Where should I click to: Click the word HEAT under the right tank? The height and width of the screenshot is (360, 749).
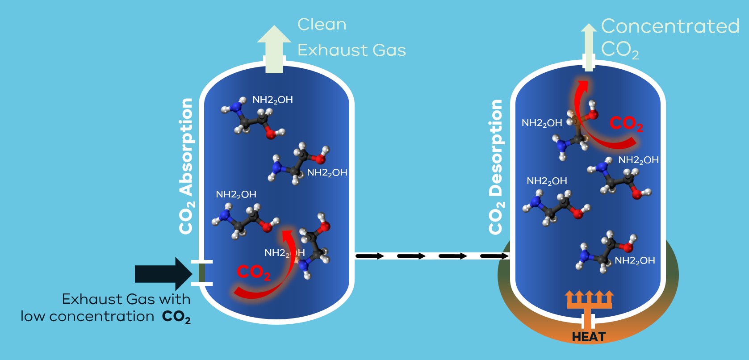click(x=589, y=337)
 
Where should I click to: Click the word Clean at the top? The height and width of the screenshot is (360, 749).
click(x=322, y=25)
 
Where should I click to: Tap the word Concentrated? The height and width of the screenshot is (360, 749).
click(x=670, y=26)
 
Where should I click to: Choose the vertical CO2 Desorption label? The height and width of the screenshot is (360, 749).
click(x=496, y=167)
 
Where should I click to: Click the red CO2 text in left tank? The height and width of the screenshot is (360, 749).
click(x=254, y=272)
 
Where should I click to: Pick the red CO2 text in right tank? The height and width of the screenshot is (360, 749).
click(x=626, y=124)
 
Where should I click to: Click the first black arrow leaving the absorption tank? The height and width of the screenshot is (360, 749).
click(x=370, y=256)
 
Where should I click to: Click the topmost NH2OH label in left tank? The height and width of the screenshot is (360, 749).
click(x=272, y=100)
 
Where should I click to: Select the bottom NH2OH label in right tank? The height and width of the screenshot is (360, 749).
click(x=635, y=260)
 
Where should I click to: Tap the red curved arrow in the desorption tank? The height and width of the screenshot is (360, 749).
click(x=594, y=121)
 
